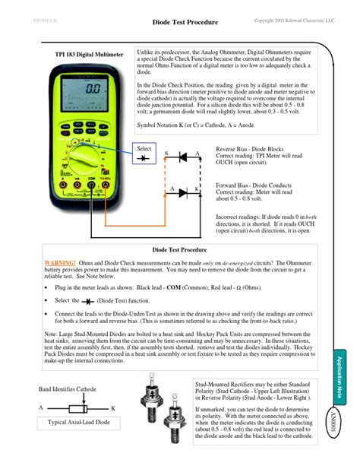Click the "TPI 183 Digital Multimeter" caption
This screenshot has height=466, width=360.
[x=90, y=55]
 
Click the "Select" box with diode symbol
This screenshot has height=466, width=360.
[x=145, y=153]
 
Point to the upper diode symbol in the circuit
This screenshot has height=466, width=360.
[x=182, y=157]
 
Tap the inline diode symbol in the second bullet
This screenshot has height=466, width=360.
[x=87, y=301]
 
